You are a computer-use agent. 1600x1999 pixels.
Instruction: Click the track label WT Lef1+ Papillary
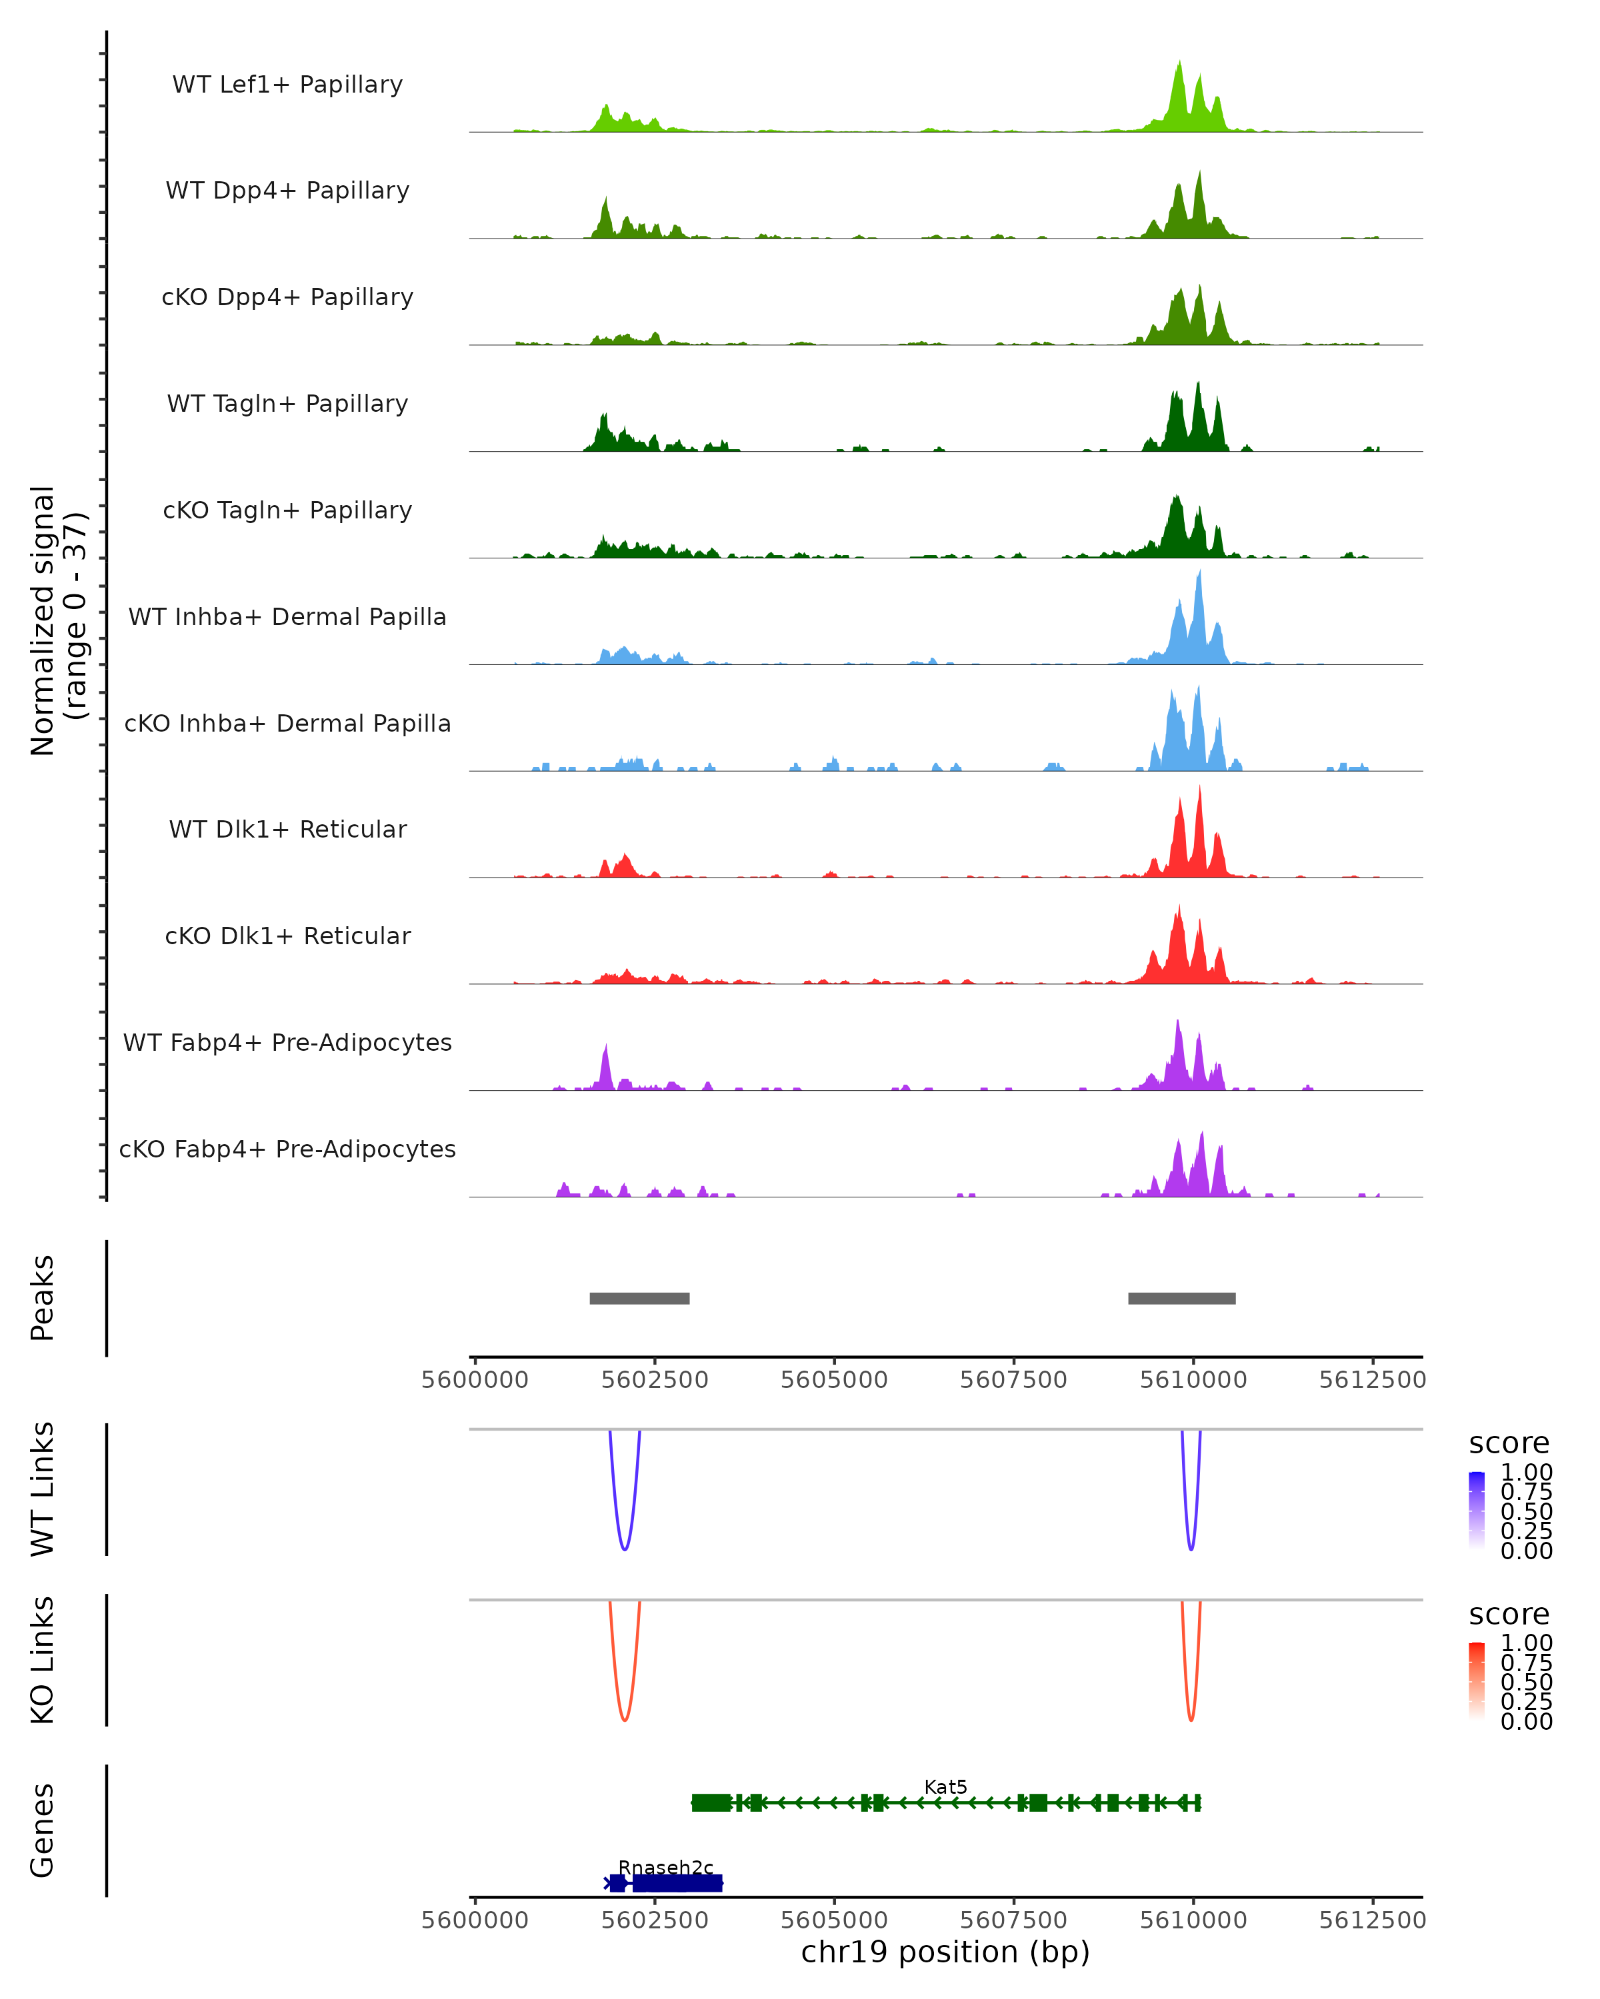click(x=287, y=85)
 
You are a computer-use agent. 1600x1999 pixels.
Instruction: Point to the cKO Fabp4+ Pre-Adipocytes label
click(x=287, y=1149)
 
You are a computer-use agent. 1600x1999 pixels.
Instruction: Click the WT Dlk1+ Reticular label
click(x=287, y=829)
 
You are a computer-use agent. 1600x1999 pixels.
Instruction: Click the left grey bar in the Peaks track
click(x=639, y=1298)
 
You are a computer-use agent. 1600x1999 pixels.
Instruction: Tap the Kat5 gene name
click(x=945, y=1786)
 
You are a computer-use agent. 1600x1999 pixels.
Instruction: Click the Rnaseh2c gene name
click(x=665, y=1867)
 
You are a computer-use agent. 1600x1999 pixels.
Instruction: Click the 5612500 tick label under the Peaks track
click(x=1372, y=1380)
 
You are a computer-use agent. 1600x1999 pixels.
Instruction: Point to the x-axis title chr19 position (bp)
click(x=945, y=1952)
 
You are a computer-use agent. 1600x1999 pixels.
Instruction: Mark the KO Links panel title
click(x=43, y=1660)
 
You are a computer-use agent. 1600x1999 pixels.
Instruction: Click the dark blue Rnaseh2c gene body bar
click(x=677, y=1883)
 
